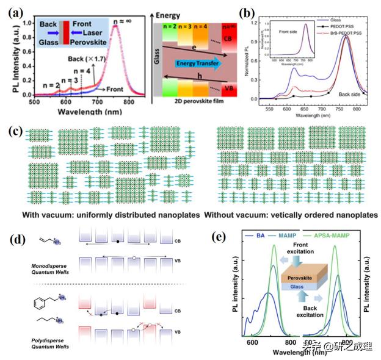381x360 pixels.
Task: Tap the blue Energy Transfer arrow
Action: coord(197,63)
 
